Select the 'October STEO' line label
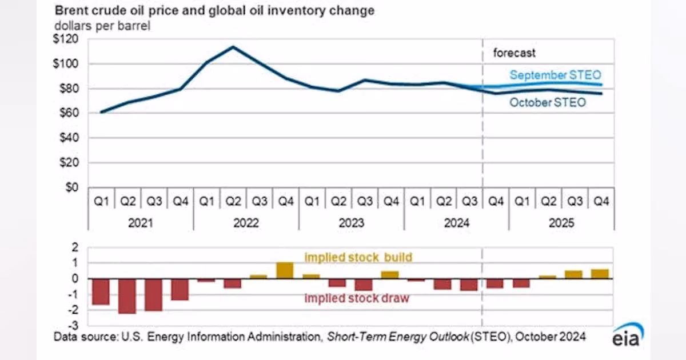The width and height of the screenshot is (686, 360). coord(547,103)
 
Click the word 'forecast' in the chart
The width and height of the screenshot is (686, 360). coord(514,53)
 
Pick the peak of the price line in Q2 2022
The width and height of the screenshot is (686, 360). coord(233,47)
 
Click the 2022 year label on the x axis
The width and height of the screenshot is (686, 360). coord(246,222)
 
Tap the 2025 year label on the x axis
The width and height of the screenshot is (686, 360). coord(561,222)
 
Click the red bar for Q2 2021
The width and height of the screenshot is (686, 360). coord(127,296)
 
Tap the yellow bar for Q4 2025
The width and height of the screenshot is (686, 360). coord(600,274)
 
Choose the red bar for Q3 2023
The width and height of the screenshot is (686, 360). coord(364,285)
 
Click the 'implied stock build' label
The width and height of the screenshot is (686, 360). coord(357,258)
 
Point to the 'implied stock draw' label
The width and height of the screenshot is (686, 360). coord(357,298)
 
